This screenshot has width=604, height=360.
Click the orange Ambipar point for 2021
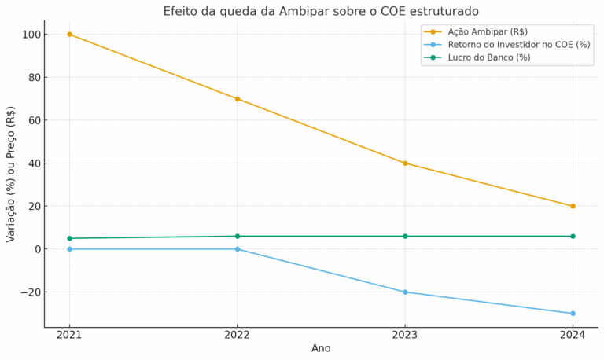pos(70,35)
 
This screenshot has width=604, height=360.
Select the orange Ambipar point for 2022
pos(238,99)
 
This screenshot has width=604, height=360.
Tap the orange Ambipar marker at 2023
pos(405,163)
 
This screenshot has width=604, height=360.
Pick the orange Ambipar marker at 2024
pos(573,206)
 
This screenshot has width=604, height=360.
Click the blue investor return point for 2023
pos(405,292)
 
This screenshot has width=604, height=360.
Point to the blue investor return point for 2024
pos(573,314)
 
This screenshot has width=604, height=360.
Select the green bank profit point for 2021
pos(70,238)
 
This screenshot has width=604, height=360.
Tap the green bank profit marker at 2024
pos(573,237)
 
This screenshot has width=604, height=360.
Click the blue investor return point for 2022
pos(238,249)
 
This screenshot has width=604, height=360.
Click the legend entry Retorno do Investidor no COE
pos(507,45)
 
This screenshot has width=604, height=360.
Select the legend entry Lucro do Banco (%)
pos(477,57)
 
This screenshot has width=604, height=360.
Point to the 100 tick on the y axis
pos(32,35)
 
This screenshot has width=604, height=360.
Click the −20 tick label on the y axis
pos(31,292)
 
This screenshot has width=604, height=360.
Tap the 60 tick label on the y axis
pos(35,120)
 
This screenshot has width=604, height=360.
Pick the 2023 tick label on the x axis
pos(405,335)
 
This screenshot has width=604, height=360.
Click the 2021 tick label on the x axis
pos(69,335)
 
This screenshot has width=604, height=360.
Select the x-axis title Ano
pos(321,348)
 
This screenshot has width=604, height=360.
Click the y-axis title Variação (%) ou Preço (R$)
pos(10,174)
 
